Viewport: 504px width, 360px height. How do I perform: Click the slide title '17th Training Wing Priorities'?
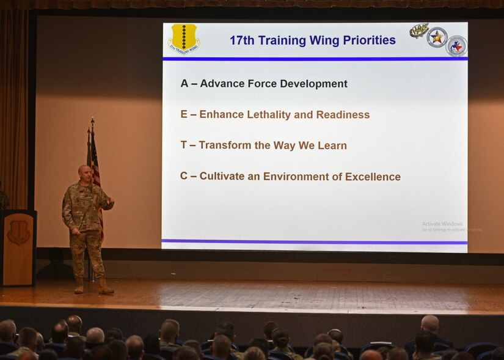pos(312,41)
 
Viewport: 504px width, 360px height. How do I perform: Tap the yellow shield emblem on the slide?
pos(183,39)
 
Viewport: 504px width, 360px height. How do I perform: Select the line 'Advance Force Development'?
pos(273,84)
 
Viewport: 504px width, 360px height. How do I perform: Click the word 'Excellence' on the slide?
pos(373,177)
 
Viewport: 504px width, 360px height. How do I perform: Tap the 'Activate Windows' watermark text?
pos(442,224)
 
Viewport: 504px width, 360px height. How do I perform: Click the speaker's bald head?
pos(84,172)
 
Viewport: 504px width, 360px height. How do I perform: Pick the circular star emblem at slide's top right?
pos(437,37)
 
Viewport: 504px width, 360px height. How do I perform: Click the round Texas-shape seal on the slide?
pos(456,46)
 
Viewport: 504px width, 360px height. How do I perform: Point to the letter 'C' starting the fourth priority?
pos(184,176)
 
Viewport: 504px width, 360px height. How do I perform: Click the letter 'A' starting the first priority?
pos(184,84)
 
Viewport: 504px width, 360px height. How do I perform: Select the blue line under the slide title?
pos(315,59)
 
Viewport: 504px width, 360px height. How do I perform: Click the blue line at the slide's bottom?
pos(315,242)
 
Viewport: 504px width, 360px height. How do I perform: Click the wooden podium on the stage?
pos(18,248)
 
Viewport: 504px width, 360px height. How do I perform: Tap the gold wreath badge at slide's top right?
pos(418,30)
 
